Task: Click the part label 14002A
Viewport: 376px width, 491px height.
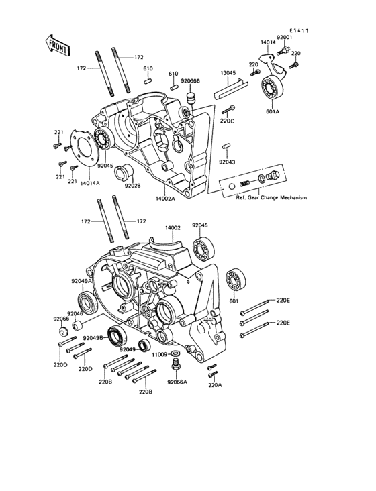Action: (x=165, y=199)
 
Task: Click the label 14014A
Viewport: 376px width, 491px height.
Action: (x=91, y=182)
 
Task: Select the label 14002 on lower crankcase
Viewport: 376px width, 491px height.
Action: (x=174, y=228)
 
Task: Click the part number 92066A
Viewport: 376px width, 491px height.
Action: (x=177, y=381)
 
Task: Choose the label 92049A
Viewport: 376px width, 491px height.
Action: (x=81, y=282)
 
